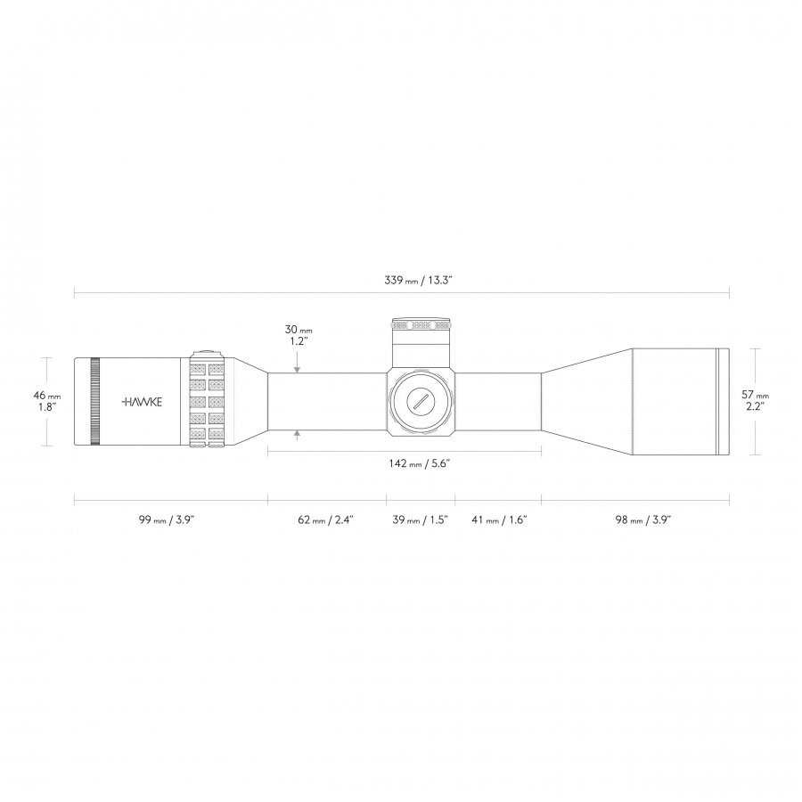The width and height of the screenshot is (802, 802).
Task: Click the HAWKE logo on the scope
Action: click(x=142, y=402)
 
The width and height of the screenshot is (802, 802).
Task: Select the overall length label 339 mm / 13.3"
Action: click(x=419, y=281)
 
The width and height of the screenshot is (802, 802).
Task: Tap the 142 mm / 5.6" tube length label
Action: click(x=420, y=463)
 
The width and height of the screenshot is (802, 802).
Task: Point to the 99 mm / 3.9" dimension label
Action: click(x=167, y=520)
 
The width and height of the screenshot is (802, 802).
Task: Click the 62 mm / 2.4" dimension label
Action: click(x=326, y=520)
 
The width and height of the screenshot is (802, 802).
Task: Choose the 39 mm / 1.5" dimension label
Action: click(x=420, y=520)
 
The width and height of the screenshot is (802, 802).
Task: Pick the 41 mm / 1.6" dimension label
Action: click(x=499, y=520)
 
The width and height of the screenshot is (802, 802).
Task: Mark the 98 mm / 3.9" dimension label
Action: click(x=642, y=520)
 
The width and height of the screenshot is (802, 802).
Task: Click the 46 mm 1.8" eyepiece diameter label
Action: click(x=47, y=401)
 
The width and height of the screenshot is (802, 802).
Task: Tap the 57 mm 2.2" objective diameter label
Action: click(x=756, y=400)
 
